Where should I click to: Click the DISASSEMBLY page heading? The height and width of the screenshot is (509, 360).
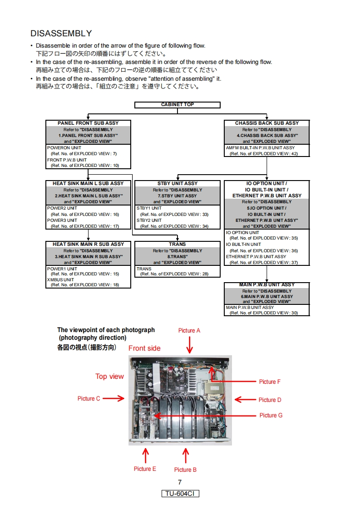pos(61,34)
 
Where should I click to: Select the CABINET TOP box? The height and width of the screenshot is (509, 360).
pos(178,105)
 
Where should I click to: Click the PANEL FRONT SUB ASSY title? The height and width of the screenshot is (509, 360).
pos(88,123)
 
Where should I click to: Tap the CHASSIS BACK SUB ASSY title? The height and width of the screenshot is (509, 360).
pos(267,123)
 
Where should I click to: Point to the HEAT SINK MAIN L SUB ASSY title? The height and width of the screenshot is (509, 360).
pos(88,183)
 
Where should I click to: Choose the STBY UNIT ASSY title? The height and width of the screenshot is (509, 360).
pos(178,183)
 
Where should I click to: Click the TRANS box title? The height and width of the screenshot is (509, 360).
pos(178,244)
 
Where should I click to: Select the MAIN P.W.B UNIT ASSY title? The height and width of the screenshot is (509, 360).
pos(267,285)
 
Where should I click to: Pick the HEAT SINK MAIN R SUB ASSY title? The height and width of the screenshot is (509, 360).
pos(88,244)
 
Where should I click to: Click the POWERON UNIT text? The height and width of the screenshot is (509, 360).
pos(64,148)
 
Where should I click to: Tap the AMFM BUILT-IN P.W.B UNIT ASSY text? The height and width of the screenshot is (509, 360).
pos(261,148)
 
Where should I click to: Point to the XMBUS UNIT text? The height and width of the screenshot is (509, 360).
pos(61,279)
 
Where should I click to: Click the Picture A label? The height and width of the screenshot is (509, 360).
pos(189,331)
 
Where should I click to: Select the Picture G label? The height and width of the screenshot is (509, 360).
pos(271,415)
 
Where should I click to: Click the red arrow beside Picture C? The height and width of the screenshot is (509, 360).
pos(113,398)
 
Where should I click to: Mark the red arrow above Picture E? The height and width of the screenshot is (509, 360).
pos(146,455)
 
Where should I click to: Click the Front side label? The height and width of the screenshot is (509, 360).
pos(144,348)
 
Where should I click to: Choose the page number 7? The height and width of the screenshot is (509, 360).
pos(180,482)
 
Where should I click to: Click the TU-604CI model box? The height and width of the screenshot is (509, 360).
pos(180,494)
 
